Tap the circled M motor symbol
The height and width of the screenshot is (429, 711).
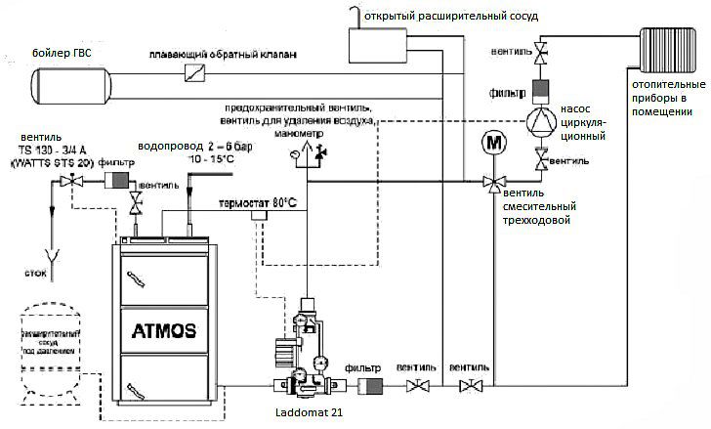click(493, 143)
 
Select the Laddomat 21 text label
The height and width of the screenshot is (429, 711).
click(307, 413)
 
